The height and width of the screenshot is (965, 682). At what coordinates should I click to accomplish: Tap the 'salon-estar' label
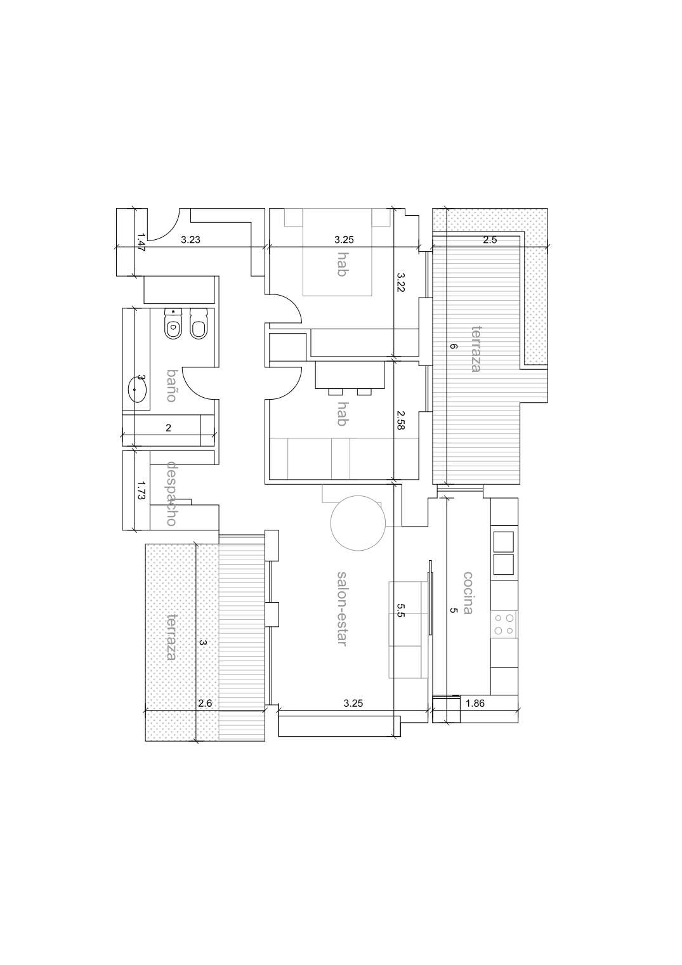pos(342,608)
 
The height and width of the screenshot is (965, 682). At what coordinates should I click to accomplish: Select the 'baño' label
pos(172,386)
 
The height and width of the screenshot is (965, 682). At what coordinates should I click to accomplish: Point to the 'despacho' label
pos(171,493)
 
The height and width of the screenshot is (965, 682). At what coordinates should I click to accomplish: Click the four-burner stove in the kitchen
pos(504,624)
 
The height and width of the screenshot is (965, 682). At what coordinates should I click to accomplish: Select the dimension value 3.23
pos(190,240)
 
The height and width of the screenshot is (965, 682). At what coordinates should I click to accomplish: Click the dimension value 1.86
pos(475,704)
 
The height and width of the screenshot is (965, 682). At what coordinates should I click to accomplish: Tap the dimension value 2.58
pos(400,419)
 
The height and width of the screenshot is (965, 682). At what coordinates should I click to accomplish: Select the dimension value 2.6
pos(205,704)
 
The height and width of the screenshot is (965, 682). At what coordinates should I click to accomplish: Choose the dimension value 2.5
pos(490,240)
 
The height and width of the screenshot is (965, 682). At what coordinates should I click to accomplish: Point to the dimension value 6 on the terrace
pos(453,346)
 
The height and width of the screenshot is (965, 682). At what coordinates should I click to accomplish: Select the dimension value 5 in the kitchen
pos(453,610)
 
